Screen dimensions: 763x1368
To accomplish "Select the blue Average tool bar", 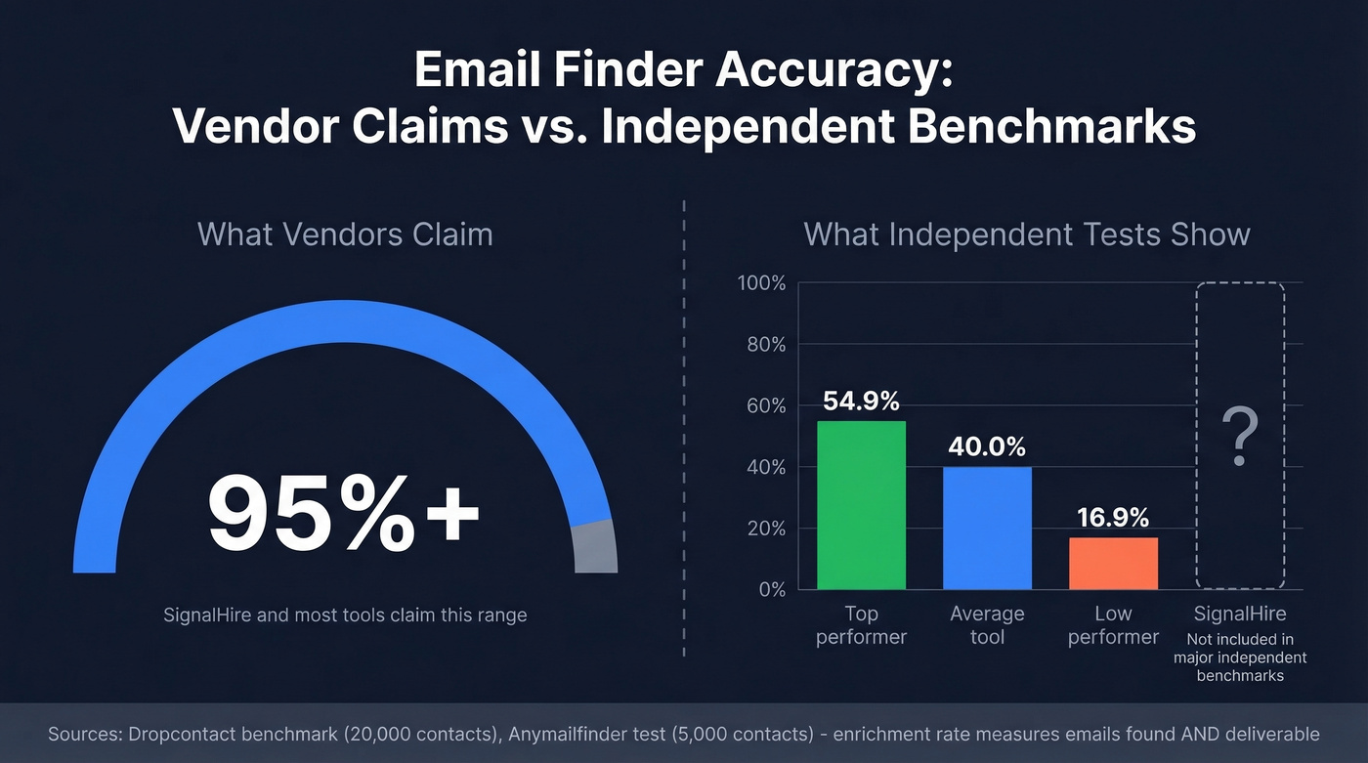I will coord(987,528).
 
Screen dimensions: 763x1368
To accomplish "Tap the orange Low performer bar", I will coord(1113,563).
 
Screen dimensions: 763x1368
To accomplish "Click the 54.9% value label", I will coord(861,402).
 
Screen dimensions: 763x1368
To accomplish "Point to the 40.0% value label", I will coord(987,447).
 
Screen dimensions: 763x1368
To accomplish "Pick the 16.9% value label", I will coord(1113,518).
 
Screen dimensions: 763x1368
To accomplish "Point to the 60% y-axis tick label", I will coord(765,405).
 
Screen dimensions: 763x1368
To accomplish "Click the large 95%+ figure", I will coord(344,513).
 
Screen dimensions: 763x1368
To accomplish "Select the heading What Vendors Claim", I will coord(345,234).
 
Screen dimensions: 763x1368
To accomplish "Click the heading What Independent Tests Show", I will coord(1026,234).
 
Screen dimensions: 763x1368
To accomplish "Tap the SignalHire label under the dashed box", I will coord(1240,615).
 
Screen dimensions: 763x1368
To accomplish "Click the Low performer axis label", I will coord(1113,625).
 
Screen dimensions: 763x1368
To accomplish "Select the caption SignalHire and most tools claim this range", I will coord(345,615).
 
